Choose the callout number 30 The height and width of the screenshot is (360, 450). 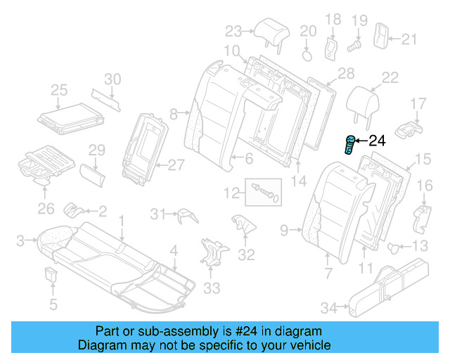pos(112,79)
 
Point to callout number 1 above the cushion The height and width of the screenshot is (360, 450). pos(121,221)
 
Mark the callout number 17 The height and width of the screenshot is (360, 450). pos(418,105)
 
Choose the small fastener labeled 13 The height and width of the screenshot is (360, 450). pos(396,246)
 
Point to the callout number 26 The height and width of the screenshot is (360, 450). pos(45,209)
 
